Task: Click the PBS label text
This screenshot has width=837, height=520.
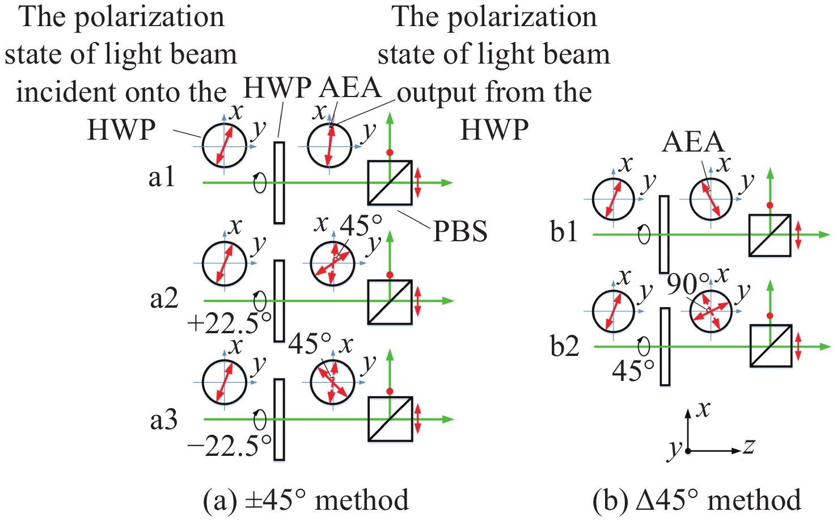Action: click(x=460, y=231)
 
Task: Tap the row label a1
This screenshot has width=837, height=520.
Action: click(x=162, y=177)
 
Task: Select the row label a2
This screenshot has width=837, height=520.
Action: click(x=164, y=298)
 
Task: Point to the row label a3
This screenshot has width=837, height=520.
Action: click(x=164, y=420)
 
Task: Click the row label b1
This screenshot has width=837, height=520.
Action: click(x=564, y=232)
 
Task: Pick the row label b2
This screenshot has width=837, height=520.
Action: click(x=565, y=346)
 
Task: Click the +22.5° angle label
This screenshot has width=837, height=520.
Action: click(x=229, y=324)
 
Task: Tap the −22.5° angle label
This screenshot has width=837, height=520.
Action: click(x=229, y=446)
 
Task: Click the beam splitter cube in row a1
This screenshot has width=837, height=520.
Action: click(x=390, y=183)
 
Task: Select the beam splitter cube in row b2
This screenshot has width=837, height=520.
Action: click(x=770, y=346)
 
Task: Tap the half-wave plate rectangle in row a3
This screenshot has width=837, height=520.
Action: click(x=279, y=419)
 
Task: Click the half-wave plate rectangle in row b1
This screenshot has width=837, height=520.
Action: click(x=664, y=234)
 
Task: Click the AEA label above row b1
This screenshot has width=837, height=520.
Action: click(x=693, y=142)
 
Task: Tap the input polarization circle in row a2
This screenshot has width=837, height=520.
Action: click(x=225, y=263)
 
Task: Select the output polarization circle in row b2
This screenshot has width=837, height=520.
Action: click(x=711, y=311)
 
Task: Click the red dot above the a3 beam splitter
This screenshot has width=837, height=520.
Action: click(x=390, y=392)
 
